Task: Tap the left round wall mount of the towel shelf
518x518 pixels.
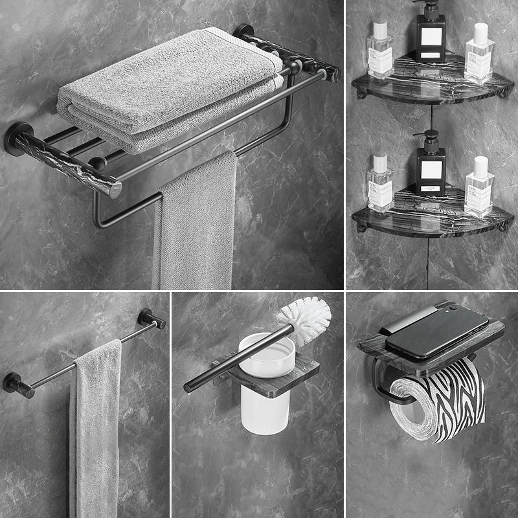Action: [19, 137]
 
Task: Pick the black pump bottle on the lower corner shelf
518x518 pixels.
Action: [431, 172]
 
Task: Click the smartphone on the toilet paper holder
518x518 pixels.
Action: [434, 330]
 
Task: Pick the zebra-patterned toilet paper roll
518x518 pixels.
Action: [440, 401]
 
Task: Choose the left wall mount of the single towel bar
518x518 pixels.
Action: [16, 383]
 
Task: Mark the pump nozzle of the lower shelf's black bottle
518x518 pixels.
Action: [429, 137]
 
